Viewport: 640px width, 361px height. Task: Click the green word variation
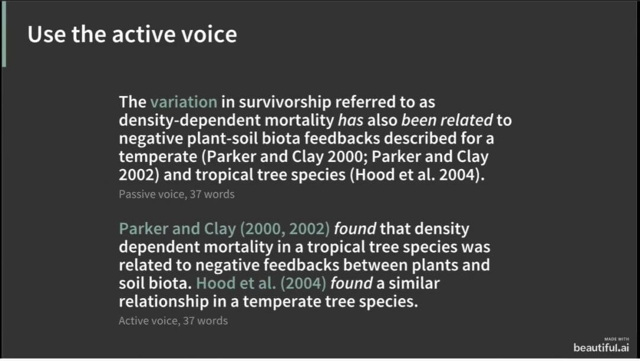click(183, 102)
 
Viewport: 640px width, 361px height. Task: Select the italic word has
click(351, 120)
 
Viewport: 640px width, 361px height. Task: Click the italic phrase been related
click(447, 120)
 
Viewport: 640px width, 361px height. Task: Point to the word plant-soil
click(222, 139)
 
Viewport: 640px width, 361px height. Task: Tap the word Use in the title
click(47, 34)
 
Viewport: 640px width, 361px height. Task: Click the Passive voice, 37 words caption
click(177, 194)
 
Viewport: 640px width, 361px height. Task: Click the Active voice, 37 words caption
click(173, 321)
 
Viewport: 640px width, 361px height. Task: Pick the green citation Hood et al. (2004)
click(261, 283)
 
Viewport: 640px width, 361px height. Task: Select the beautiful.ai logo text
click(601, 347)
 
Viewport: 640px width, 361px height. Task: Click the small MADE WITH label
click(617, 339)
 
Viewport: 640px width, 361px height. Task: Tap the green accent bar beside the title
click(4, 34)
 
